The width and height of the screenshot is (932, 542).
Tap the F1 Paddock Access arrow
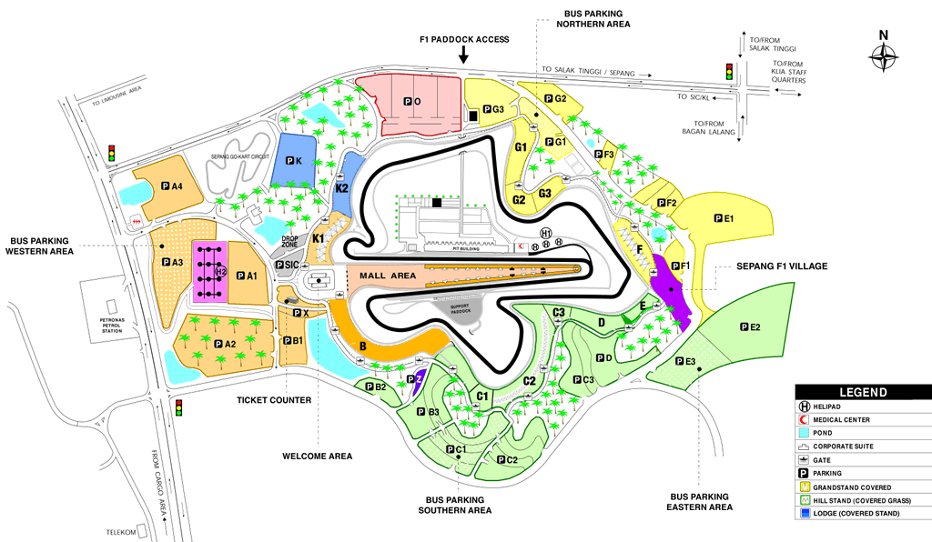coord(463,55)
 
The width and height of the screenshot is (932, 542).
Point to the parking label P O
coord(410,102)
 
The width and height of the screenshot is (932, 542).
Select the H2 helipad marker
coord(220,271)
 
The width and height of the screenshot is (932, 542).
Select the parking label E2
coord(750,326)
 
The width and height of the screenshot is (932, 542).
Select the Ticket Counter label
coord(274,399)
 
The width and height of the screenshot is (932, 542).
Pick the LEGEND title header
coord(862,392)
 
